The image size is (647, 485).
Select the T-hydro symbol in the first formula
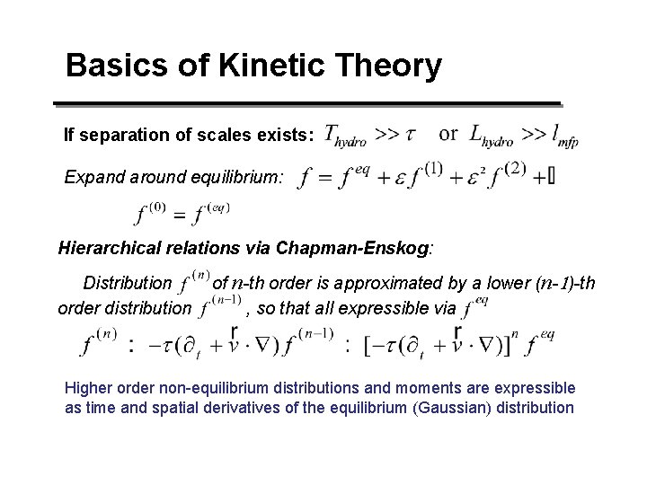[x=345, y=136]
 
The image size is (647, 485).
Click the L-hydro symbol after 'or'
[x=491, y=136]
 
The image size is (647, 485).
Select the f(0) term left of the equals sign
[x=150, y=214]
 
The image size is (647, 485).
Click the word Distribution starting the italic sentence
[x=127, y=284]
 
